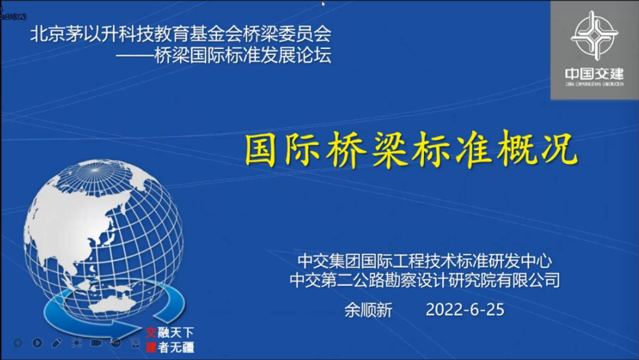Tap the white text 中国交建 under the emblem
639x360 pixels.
594,74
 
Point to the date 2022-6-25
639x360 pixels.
464,310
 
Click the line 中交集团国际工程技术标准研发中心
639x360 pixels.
425,260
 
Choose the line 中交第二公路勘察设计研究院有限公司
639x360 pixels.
425,280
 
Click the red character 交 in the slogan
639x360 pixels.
151,333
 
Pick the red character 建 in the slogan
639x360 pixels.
151,348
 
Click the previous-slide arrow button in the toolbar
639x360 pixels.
17,343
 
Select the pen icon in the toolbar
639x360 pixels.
57,343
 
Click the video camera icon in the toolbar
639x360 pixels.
97,343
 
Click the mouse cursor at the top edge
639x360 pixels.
323,4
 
